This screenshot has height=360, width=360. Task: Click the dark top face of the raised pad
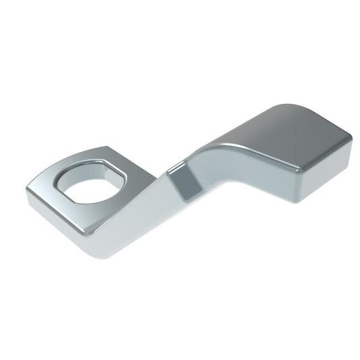click(x=284, y=135)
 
